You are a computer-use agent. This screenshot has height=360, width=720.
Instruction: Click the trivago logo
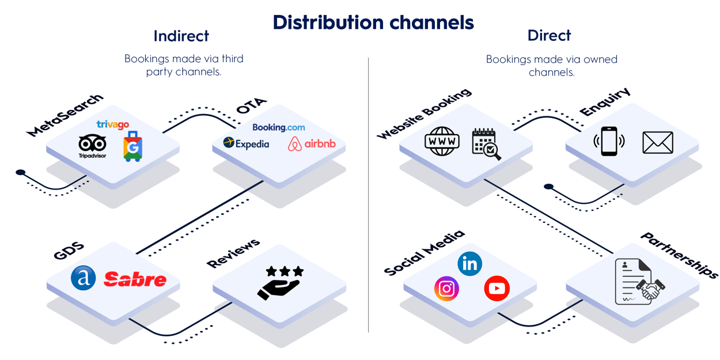(x=112, y=124)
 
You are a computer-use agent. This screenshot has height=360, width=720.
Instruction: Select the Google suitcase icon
(x=132, y=146)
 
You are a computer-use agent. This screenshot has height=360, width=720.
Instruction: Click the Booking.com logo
(x=279, y=127)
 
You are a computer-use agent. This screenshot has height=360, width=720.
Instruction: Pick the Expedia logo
(x=246, y=143)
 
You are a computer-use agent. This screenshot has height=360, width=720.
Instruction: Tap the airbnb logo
(x=312, y=144)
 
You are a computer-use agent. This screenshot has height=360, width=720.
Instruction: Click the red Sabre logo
(x=135, y=280)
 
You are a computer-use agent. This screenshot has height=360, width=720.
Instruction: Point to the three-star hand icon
(x=280, y=282)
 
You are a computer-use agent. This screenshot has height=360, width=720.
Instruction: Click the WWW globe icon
(x=442, y=141)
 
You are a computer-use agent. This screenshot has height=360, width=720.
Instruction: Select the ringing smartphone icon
(x=608, y=141)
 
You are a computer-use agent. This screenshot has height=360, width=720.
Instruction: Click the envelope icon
(x=657, y=142)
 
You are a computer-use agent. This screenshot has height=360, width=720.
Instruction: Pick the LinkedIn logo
(x=469, y=264)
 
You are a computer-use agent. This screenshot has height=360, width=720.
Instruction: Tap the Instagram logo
(x=446, y=289)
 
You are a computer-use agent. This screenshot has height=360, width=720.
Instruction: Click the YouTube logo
(x=497, y=289)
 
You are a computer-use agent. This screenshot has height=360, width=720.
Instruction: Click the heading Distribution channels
(x=373, y=22)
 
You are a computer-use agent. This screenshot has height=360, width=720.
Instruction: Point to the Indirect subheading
(x=181, y=36)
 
